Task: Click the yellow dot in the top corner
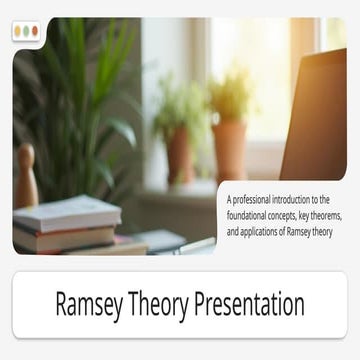pos(18,31)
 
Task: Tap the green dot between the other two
pos(26,31)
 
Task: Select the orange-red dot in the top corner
pos(35,31)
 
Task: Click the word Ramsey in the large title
pos(94,303)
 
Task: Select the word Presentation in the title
pos(257,303)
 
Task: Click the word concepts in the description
pos(298,215)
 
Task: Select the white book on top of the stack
pos(68,212)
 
